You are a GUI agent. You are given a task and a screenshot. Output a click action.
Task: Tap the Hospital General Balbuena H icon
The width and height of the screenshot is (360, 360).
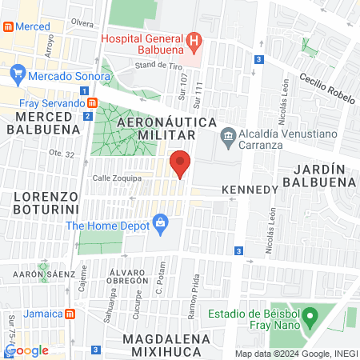point(193,40)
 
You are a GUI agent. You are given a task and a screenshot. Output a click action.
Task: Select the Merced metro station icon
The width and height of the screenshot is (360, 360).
point(8,26)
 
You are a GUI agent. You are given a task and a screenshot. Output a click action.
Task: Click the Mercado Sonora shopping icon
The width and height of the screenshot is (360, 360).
point(21,77)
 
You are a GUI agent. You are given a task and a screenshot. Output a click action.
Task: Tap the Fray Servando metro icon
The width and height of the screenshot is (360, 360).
point(94,102)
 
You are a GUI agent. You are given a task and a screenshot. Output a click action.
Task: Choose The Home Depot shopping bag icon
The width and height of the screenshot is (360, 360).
point(160,221)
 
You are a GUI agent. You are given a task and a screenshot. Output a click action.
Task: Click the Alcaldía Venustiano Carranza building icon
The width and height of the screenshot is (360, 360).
point(228,134)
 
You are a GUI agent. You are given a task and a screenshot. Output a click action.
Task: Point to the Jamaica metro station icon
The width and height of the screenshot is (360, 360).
point(70,314)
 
